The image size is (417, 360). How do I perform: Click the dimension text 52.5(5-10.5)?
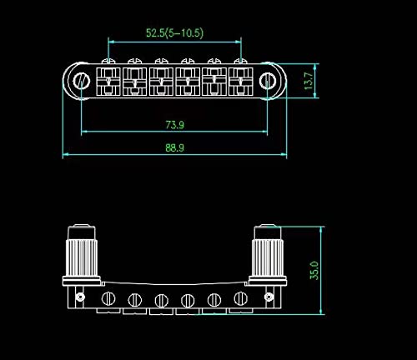(x=175, y=33)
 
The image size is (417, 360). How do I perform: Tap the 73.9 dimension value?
(x=175, y=125)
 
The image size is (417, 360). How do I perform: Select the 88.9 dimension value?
(x=175, y=147)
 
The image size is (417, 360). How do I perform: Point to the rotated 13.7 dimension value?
(x=307, y=81)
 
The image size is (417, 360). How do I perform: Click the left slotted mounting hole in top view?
(x=82, y=80)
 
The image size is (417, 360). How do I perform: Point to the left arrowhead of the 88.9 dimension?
(x=67, y=154)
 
